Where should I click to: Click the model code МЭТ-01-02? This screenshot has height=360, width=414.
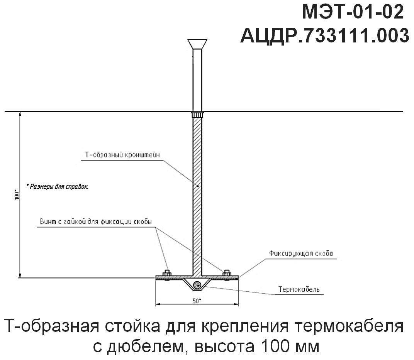click(x=353, y=13)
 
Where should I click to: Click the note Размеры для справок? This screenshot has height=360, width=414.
click(x=57, y=187)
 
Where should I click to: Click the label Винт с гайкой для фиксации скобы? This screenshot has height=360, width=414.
click(x=95, y=222)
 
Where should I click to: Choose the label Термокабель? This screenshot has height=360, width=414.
click(x=299, y=289)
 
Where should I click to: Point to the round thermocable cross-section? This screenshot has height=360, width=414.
click(x=197, y=286)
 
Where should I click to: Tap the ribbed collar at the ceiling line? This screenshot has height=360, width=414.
click(x=197, y=115)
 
